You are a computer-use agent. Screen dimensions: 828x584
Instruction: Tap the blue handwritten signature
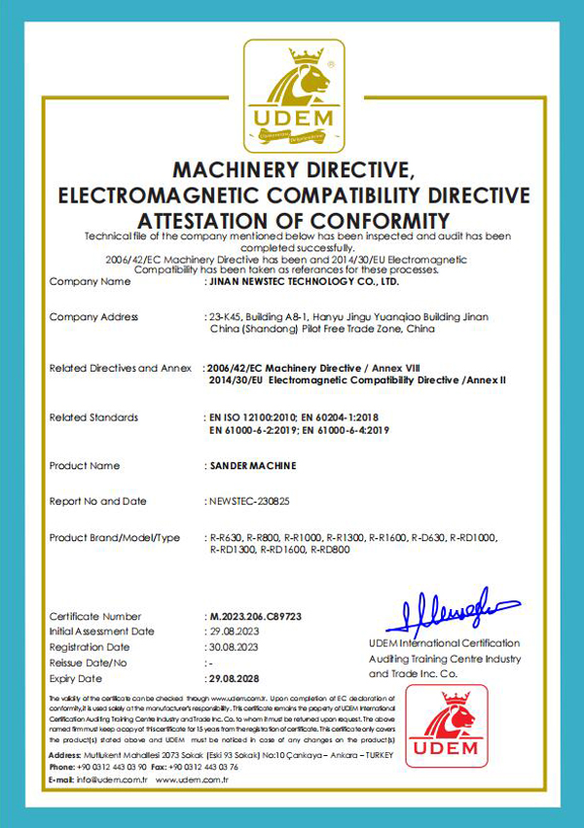451,612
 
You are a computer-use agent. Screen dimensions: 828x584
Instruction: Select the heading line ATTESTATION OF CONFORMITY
293,220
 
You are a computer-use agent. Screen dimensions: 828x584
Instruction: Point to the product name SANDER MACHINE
253,466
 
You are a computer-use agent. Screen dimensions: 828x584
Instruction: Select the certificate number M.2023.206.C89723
255,617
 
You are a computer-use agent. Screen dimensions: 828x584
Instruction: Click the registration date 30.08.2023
236,647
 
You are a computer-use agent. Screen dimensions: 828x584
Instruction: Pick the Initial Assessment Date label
101,631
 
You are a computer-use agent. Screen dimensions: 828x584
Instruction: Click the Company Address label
93,317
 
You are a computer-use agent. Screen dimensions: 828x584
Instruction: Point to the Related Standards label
93,417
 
